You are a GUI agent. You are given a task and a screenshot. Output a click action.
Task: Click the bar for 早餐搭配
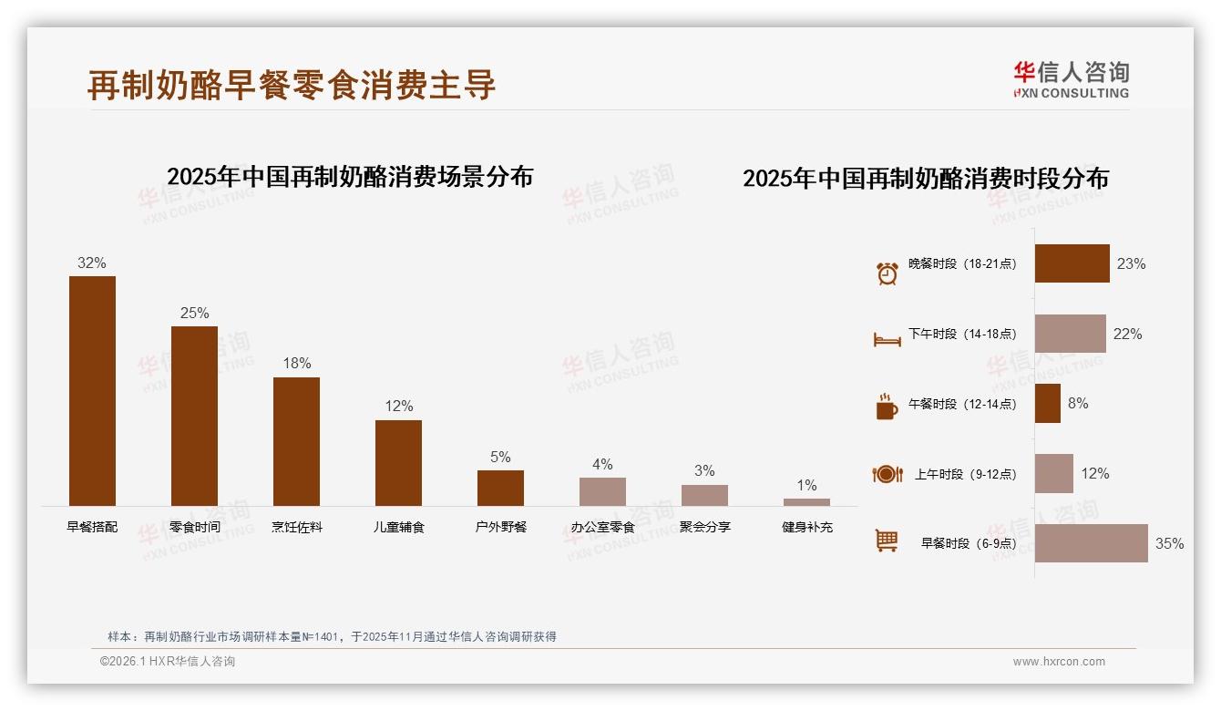92,391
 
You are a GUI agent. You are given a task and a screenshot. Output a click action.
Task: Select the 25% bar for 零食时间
194,416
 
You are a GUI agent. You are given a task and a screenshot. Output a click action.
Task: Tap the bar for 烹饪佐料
296,441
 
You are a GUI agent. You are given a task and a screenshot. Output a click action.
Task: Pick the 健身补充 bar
806,502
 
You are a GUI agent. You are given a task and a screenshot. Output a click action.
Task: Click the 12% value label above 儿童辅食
398,406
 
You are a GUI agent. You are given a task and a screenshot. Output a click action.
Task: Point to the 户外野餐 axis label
500,527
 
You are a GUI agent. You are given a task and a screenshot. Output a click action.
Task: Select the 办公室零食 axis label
602,527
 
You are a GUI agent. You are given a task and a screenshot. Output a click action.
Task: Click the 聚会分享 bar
704,495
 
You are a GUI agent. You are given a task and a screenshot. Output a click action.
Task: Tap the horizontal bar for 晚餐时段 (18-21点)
1072,263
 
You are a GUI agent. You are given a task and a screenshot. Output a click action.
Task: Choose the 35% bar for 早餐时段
1091,543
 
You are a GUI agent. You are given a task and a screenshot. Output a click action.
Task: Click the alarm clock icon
887,273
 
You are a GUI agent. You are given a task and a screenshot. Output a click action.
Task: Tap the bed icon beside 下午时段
887,340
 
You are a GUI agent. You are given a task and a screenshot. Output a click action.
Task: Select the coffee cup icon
887,407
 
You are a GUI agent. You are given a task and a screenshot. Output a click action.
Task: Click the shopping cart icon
887,541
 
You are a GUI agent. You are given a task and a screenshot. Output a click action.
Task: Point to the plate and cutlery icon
887,474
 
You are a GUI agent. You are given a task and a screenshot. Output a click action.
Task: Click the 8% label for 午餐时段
1077,403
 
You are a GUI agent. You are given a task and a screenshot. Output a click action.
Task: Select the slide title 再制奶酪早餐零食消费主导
292,85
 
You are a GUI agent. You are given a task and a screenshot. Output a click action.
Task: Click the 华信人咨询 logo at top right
1071,79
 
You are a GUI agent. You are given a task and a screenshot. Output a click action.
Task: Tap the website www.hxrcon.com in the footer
1059,662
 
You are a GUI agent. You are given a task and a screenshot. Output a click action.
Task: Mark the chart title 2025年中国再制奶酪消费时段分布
925,179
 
